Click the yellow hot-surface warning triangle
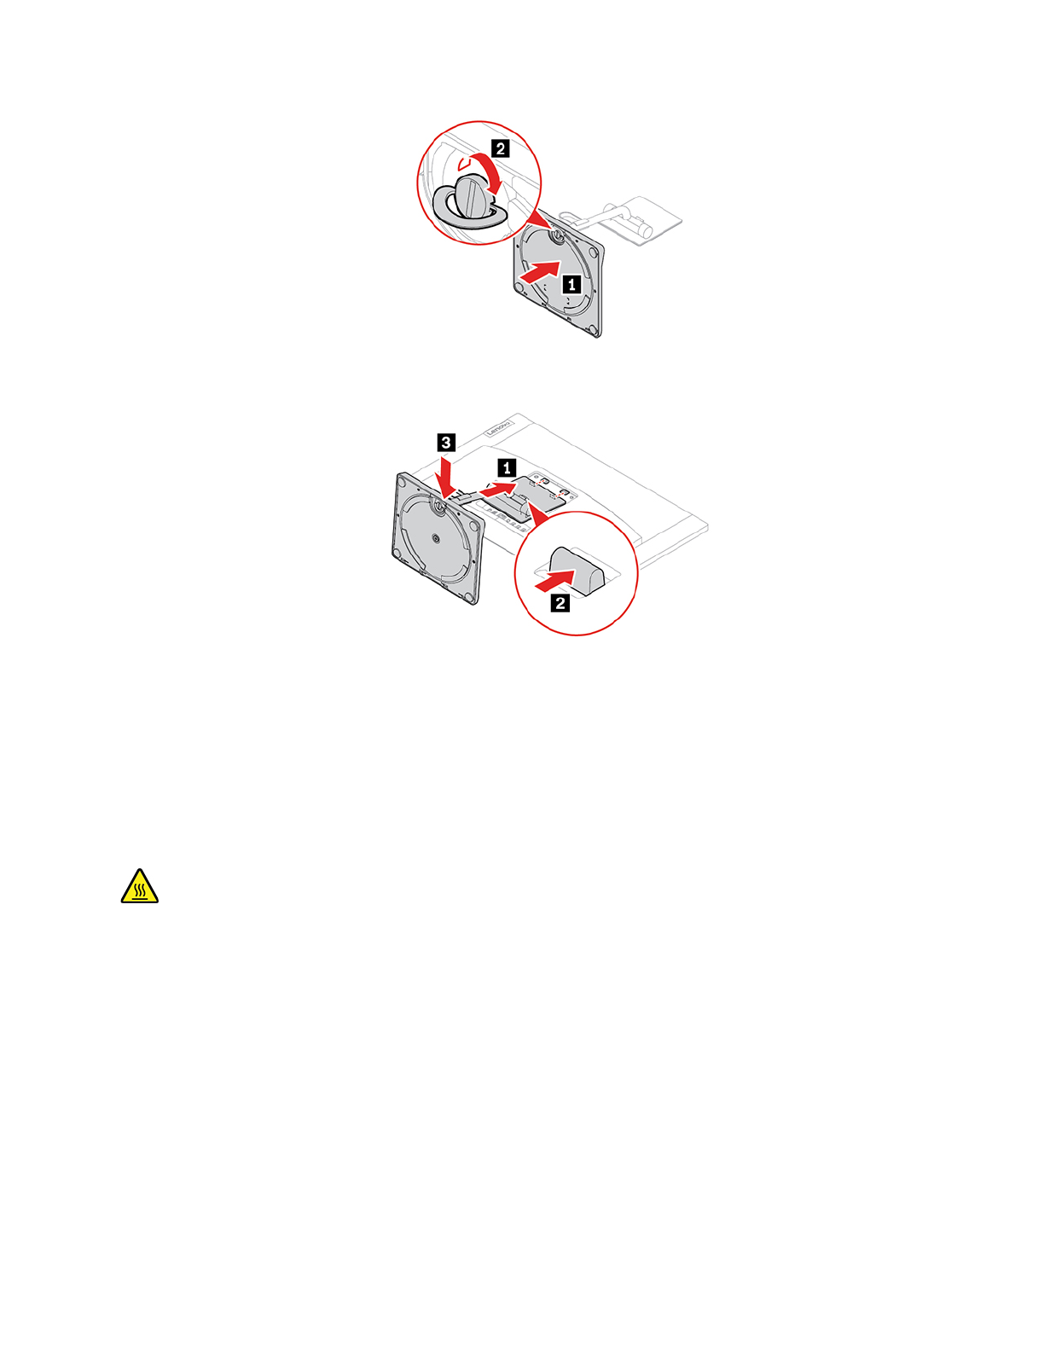[x=140, y=887]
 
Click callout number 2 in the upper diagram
[x=501, y=148]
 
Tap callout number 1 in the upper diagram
[x=571, y=284]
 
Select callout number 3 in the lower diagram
[x=445, y=442]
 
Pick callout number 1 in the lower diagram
[x=507, y=467]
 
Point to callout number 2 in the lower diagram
[x=560, y=603]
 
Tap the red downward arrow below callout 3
[x=445, y=473]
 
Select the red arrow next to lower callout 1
[x=499, y=488]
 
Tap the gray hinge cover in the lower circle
[x=577, y=567]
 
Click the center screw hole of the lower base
[x=436, y=538]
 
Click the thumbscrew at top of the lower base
[x=439, y=505]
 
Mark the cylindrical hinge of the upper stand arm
[x=641, y=229]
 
